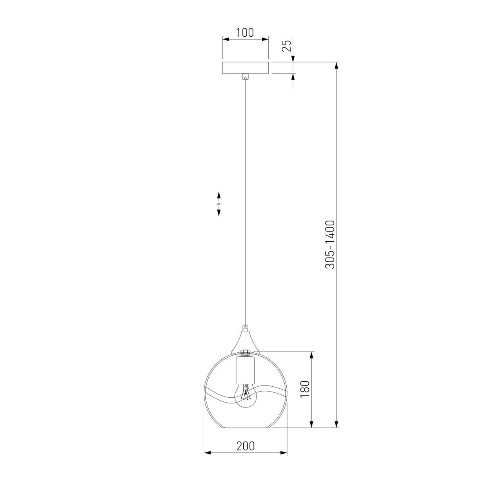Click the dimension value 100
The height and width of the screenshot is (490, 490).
[x=245, y=33]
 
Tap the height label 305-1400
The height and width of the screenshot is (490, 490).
[x=330, y=244]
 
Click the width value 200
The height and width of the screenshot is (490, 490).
[x=245, y=446]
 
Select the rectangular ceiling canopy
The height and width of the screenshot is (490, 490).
[x=245, y=68]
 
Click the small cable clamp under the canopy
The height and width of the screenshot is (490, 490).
[x=245, y=76]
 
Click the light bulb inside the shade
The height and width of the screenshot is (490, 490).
[x=245, y=396]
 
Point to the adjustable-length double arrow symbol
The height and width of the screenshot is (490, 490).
[x=219, y=203]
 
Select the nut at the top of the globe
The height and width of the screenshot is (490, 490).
[x=245, y=352]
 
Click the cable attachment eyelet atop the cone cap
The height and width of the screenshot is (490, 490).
[x=245, y=327]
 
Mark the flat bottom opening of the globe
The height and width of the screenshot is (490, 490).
[x=245, y=428]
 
